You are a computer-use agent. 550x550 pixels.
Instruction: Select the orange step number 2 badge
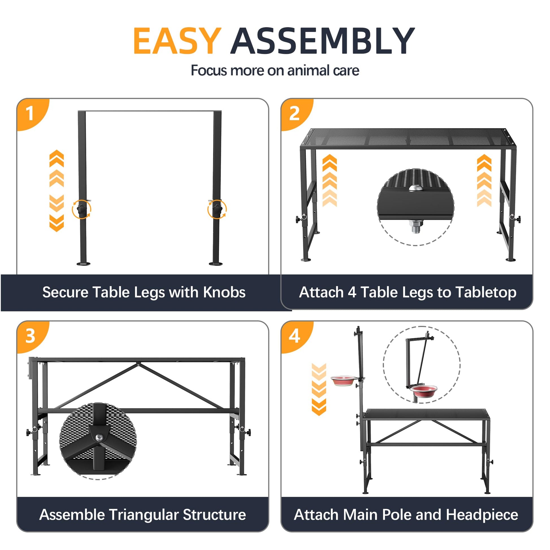click(x=296, y=114)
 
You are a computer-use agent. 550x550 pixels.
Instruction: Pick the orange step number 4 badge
click(x=296, y=337)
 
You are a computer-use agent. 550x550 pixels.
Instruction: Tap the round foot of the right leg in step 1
click(x=216, y=263)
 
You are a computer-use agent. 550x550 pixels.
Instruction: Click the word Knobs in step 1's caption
click(x=224, y=292)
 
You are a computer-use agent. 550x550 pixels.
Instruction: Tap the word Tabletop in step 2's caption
click(x=486, y=293)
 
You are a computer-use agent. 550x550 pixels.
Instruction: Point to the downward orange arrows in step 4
click(x=319, y=389)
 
